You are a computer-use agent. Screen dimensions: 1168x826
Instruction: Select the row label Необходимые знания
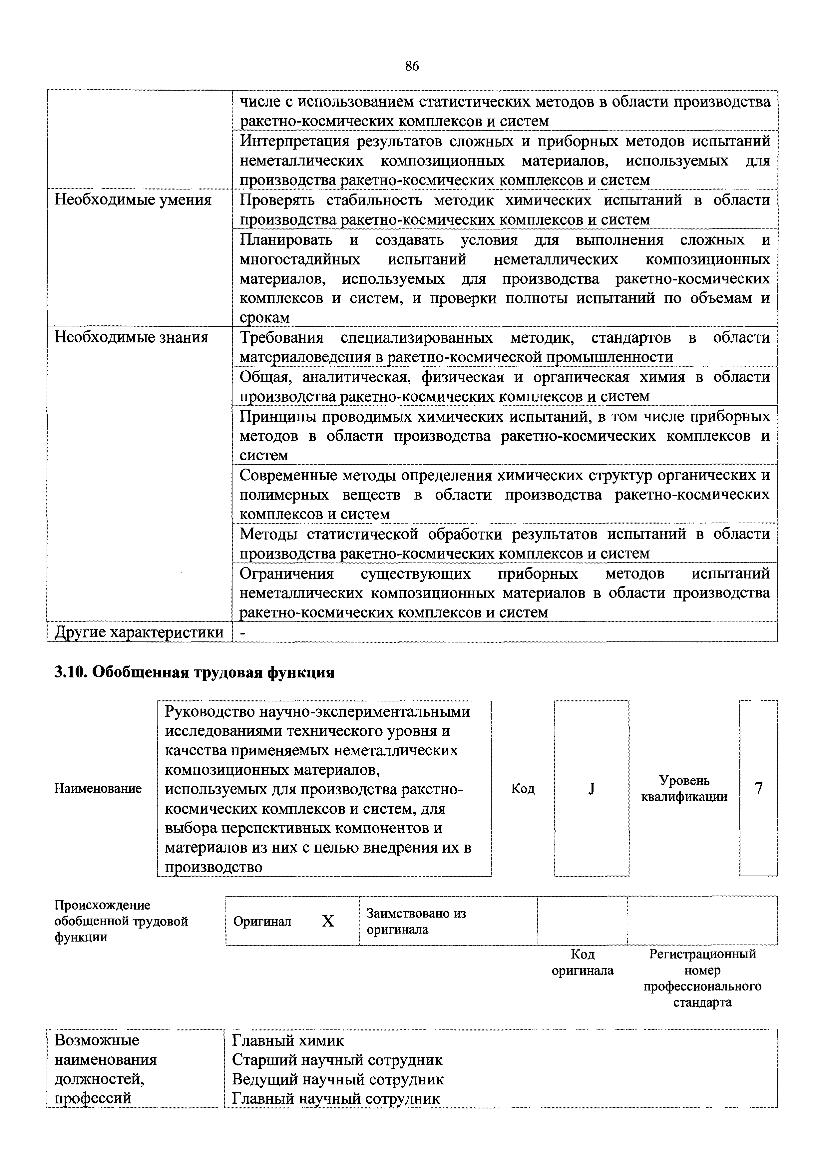(131, 337)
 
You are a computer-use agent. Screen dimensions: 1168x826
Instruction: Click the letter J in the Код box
(592, 789)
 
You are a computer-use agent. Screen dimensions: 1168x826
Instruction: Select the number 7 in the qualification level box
(758, 789)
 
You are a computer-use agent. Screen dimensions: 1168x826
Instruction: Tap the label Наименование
(98, 789)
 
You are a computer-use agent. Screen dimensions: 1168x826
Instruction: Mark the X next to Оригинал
(328, 921)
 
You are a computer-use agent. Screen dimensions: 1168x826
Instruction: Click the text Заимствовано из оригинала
(416, 921)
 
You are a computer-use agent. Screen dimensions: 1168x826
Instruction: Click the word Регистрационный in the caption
(702, 954)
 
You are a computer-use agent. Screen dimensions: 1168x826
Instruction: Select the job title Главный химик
(288, 1040)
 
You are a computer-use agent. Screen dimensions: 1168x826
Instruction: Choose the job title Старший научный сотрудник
(337, 1060)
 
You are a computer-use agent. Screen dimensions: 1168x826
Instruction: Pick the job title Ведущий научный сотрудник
(338, 1079)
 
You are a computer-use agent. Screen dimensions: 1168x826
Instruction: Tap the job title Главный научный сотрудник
(336, 1098)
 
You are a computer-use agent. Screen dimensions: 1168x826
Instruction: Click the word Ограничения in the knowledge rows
(287, 574)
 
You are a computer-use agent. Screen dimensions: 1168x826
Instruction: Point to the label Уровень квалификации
(684, 789)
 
